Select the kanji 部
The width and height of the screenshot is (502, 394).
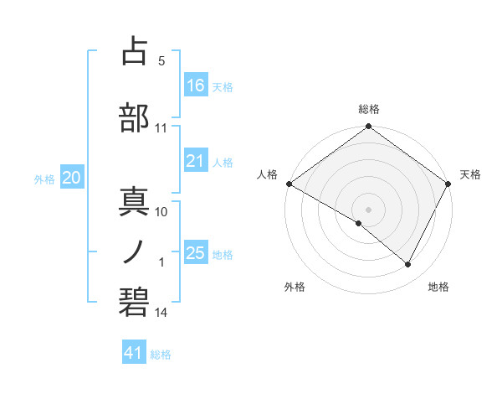tap(135, 117)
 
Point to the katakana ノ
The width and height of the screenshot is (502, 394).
tap(135, 251)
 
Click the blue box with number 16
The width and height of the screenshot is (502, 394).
tap(196, 86)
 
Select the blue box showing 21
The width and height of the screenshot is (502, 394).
tap(196, 161)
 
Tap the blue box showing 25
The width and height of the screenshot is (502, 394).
tap(196, 253)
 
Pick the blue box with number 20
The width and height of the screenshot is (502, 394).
tap(72, 178)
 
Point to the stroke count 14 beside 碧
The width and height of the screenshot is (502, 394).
tap(161, 314)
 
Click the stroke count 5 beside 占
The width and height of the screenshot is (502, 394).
tap(161, 62)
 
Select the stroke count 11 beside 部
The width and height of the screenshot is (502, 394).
tap(161, 129)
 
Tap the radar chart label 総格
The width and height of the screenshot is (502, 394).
tap(369, 109)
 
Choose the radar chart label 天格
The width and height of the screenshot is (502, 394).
tap(470, 174)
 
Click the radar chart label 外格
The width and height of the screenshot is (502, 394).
tap(295, 288)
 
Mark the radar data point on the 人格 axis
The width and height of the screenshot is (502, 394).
tap(289, 184)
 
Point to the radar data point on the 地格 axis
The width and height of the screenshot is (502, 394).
tap(408, 265)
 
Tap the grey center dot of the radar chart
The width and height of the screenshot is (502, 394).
tap(368, 209)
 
